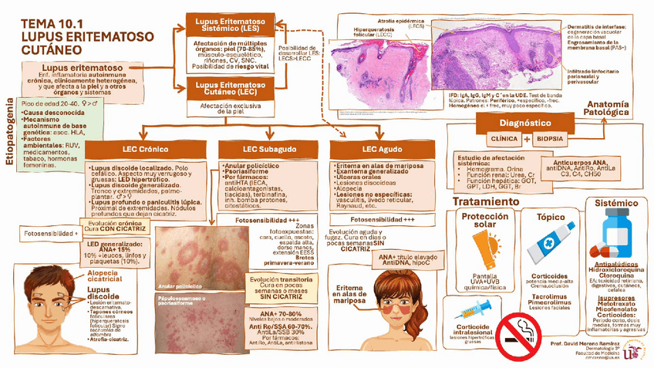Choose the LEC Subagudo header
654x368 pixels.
point(258,148)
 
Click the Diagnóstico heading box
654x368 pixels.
point(524,123)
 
